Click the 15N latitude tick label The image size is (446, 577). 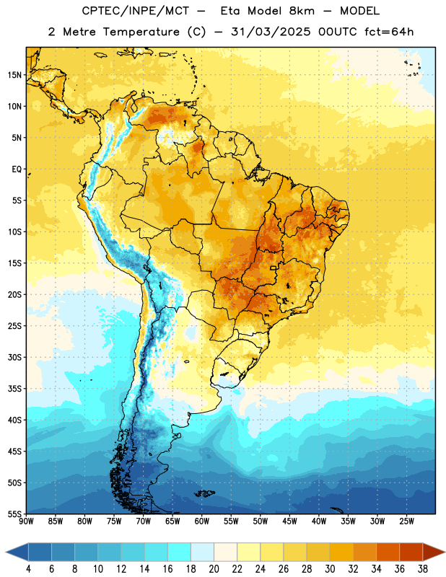pyautogui.click(x=14, y=75)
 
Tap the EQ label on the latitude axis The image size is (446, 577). pyautogui.click(x=17, y=169)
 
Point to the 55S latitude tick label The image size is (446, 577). pyautogui.click(x=14, y=514)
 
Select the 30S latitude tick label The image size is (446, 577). pyautogui.click(x=14, y=357)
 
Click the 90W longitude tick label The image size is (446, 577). pyautogui.click(x=26, y=521)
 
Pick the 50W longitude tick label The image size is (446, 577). pyautogui.click(x=261, y=521)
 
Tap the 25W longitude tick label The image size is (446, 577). pyautogui.click(x=406, y=521)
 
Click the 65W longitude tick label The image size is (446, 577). pyautogui.click(x=172, y=521)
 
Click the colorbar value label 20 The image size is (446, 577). pyautogui.click(x=214, y=569)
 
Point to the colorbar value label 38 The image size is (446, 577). pyautogui.click(x=423, y=569)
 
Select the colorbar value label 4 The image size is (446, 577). pyautogui.click(x=28, y=569)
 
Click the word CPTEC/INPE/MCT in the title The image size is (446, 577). pyautogui.click(x=136, y=11)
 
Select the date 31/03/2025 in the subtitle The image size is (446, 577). pyautogui.click(x=271, y=32)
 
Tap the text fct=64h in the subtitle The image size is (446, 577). pyautogui.click(x=389, y=32)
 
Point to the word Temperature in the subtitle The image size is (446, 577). pyautogui.click(x=141, y=32)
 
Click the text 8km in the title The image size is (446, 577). pyautogui.click(x=302, y=11)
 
